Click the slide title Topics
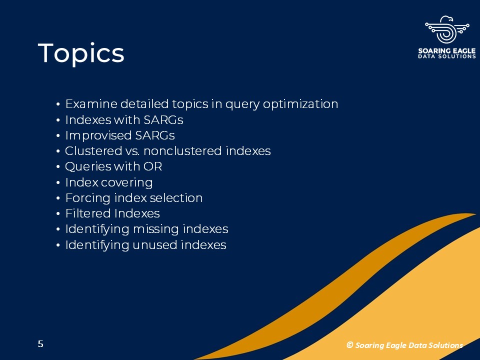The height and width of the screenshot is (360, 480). tap(81, 53)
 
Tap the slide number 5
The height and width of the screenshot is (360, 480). tap(40, 344)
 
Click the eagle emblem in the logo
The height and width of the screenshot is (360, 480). tap(447, 29)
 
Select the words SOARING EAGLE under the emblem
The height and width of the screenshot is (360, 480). tap(447, 51)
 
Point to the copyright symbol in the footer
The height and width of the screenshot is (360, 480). tap(350, 345)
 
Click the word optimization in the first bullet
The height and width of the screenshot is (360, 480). tap(300, 104)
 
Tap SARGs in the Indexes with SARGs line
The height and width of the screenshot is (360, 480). tap(163, 119)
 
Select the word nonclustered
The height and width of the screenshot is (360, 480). tap(183, 151)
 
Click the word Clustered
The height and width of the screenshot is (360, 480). tap(93, 151)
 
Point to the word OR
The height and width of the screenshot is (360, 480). tap(152, 166)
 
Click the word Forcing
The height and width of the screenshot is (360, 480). tap(88, 198)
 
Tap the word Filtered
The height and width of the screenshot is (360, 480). tap(88, 213)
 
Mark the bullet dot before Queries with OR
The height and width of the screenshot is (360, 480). tap(58, 167)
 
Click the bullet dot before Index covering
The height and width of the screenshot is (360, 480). tap(58, 183)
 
